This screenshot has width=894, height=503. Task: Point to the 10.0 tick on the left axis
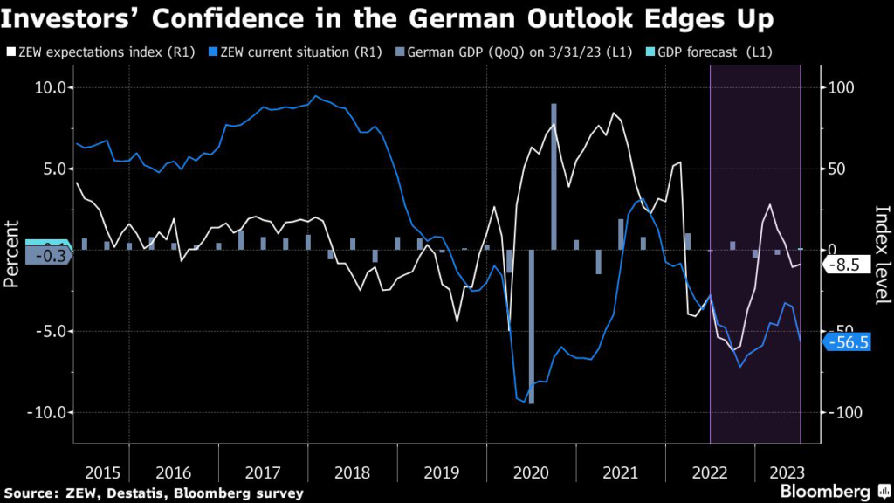(50, 87)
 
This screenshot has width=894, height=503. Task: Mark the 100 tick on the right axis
(838, 87)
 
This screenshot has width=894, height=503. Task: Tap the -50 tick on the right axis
(837, 331)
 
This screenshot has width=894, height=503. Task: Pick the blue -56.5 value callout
(847, 342)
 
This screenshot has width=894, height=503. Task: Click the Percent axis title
(12, 254)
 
